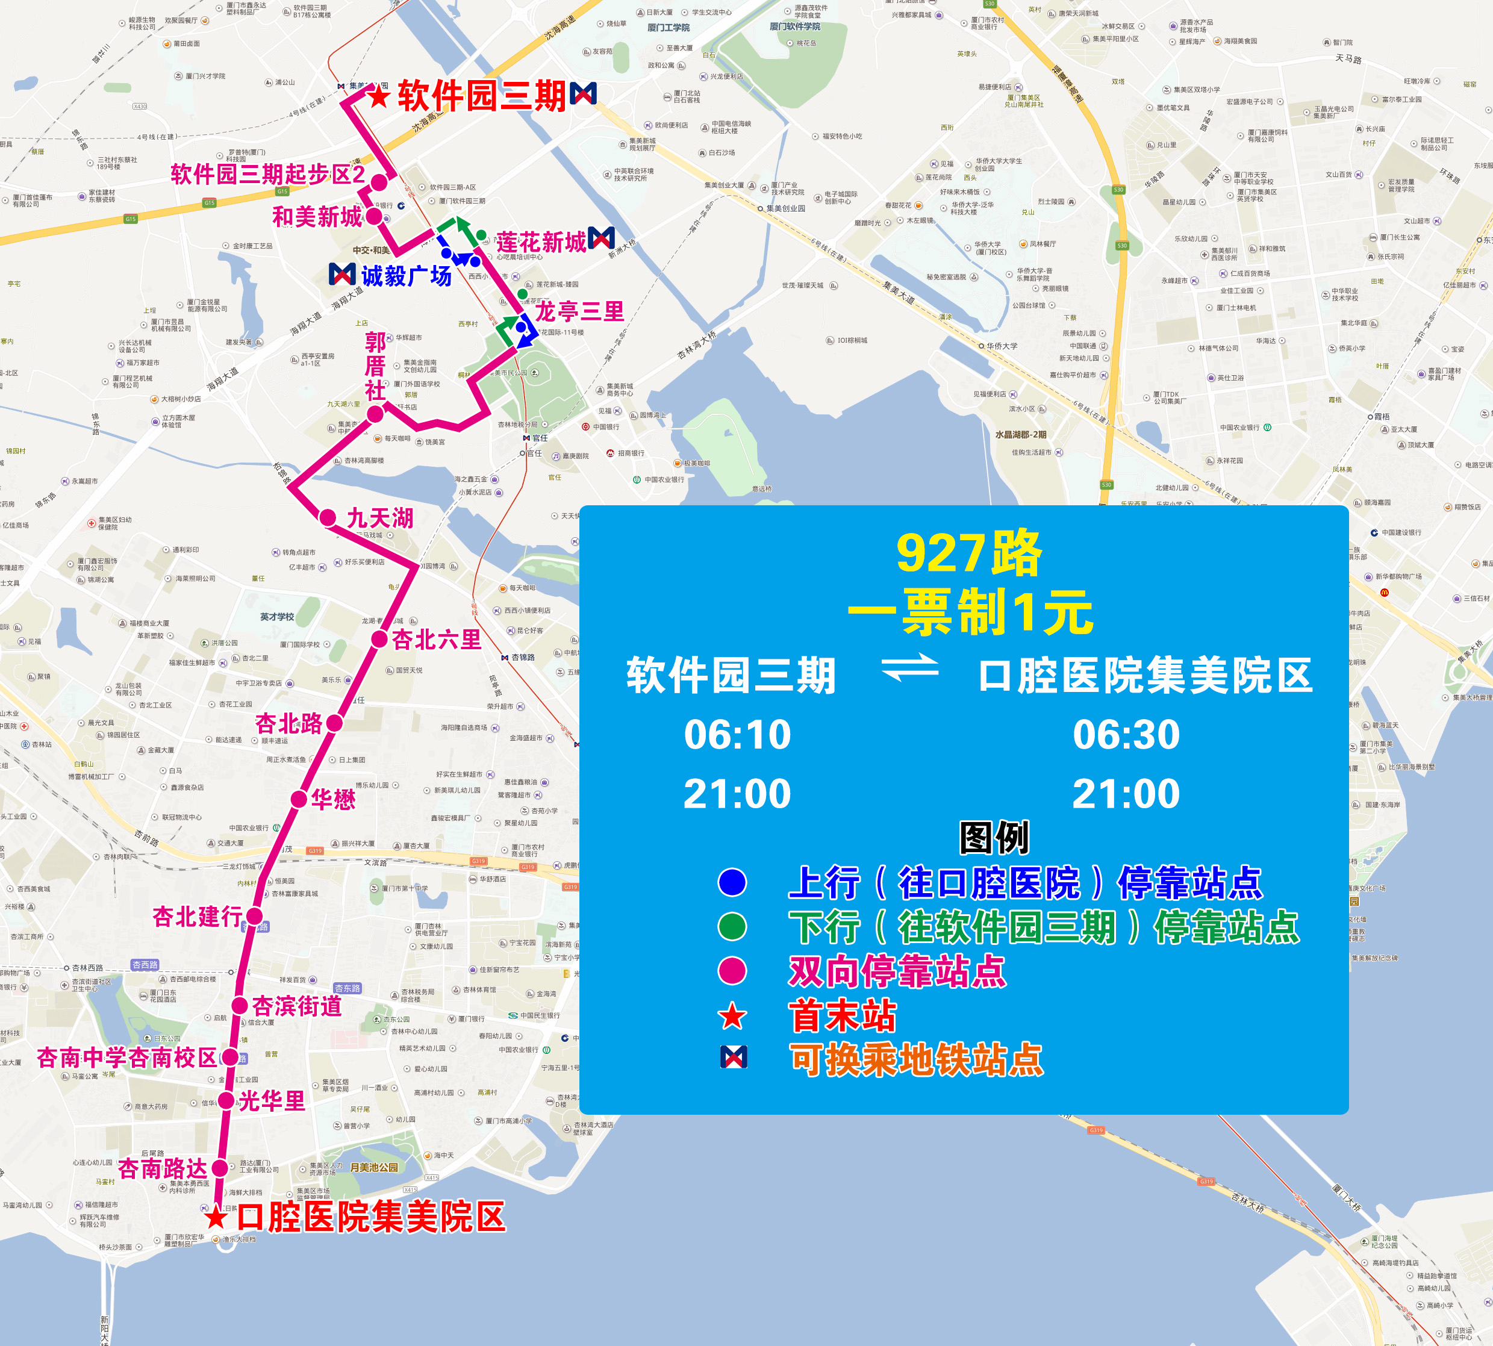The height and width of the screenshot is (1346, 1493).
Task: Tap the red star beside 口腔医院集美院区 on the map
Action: [x=215, y=1217]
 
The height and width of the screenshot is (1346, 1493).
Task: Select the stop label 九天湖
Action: [x=379, y=518]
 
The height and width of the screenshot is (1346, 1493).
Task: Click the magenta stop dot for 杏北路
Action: [x=334, y=723]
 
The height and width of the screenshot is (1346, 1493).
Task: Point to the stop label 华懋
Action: [x=333, y=799]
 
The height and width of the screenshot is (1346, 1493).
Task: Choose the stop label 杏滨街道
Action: [x=296, y=1006]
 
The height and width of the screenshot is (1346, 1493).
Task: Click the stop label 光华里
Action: [x=272, y=1100]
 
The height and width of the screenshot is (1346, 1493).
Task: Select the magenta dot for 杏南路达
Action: [x=220, y=1168]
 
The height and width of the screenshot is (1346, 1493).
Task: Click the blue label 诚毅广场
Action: [x=406, y=276]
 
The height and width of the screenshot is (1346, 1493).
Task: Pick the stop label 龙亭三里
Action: [x=580, y=311]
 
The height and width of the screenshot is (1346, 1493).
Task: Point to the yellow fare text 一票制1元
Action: [x=970, y=612]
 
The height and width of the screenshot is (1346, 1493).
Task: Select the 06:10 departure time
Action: [x=737, y=734]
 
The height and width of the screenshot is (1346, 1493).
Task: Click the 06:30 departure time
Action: [x=1126, y=734]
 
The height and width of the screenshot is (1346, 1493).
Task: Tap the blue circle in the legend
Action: [x=732, y=882]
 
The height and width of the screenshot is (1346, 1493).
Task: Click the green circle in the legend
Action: [x=732, y=927]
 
